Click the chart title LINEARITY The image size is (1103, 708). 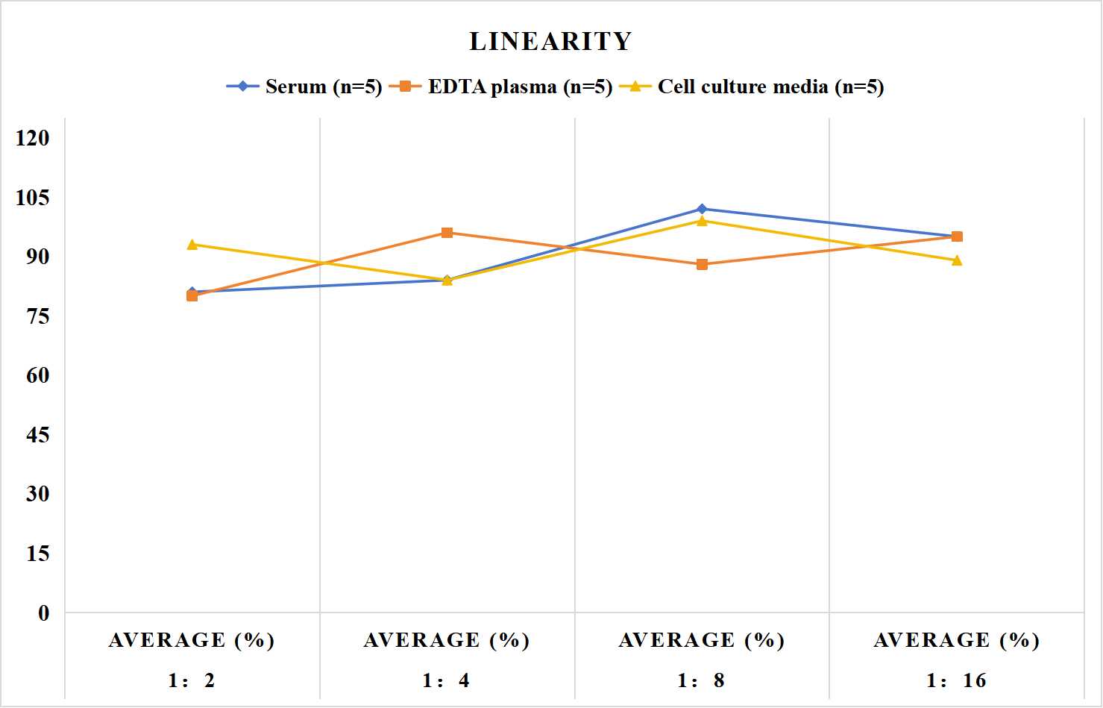pyautogui.click(x=550, y=41)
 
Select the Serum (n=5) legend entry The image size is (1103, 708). pyautogui.click(x=304, y=87)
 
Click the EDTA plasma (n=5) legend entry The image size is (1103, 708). pyautogui.click(x=500, y=87)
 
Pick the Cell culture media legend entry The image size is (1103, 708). pyautogui.click(x=752, y=87)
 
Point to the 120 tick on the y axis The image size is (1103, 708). pyautogui.click(x=33, y=138)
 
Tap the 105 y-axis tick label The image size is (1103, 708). pyautogui.click(x=33, y=198)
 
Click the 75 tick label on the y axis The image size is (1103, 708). pyautogui.click(x=38, y=316)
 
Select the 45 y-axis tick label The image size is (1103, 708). pyautogui.click(x=38, y=435)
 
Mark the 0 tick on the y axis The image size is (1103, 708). pyautogui.click(x=44, y=613)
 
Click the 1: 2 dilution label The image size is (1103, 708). pyautogui.click(x=192, y=680)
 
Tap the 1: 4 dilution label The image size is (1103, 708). pyautogui.click(x=446, y=680)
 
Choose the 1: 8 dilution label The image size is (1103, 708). pyautogui.click(x=701, y=680)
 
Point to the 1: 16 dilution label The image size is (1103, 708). pyautogui.click(x=956, y=680)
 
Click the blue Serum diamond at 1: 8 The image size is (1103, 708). pyautogui.click(x=703, y=209)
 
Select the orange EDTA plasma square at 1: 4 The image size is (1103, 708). pyautogui.click(x=447, y=233)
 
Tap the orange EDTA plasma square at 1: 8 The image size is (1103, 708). pyautogui.click(x=703, y=265)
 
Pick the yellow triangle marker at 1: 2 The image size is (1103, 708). pyautogui.click(x=192, y=245)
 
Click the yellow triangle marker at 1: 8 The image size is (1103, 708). pyautogui.click(x=703, y=221)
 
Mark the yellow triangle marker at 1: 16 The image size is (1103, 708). pyautogui.click(x=957, y=260)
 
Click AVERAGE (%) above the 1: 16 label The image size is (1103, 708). pyautogui.click(x=956, y=641)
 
